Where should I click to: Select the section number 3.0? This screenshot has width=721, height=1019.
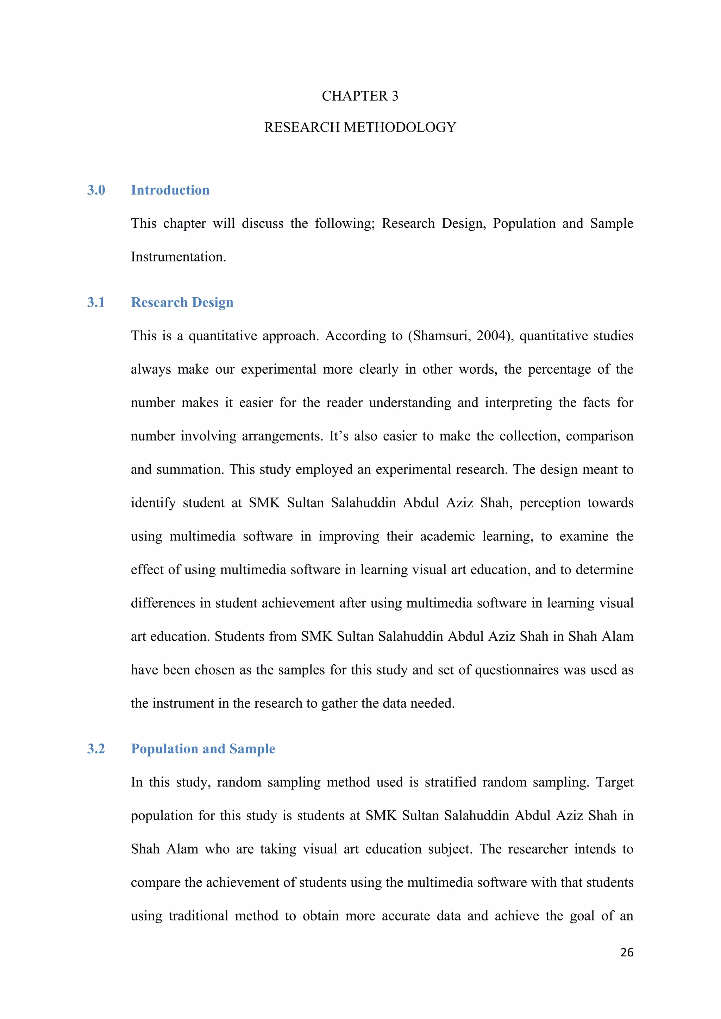(96, 190)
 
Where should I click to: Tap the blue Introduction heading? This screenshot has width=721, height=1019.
(170, 190)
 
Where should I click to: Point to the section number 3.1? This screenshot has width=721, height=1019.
(96, 302)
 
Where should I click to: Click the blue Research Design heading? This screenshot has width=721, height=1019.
(182, 302)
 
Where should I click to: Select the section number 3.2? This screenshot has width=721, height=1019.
(96, 749)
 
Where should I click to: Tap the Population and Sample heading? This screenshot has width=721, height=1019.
(203, 749)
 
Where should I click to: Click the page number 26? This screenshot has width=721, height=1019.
(626, 952)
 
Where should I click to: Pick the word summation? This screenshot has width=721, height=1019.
(187, 469)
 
